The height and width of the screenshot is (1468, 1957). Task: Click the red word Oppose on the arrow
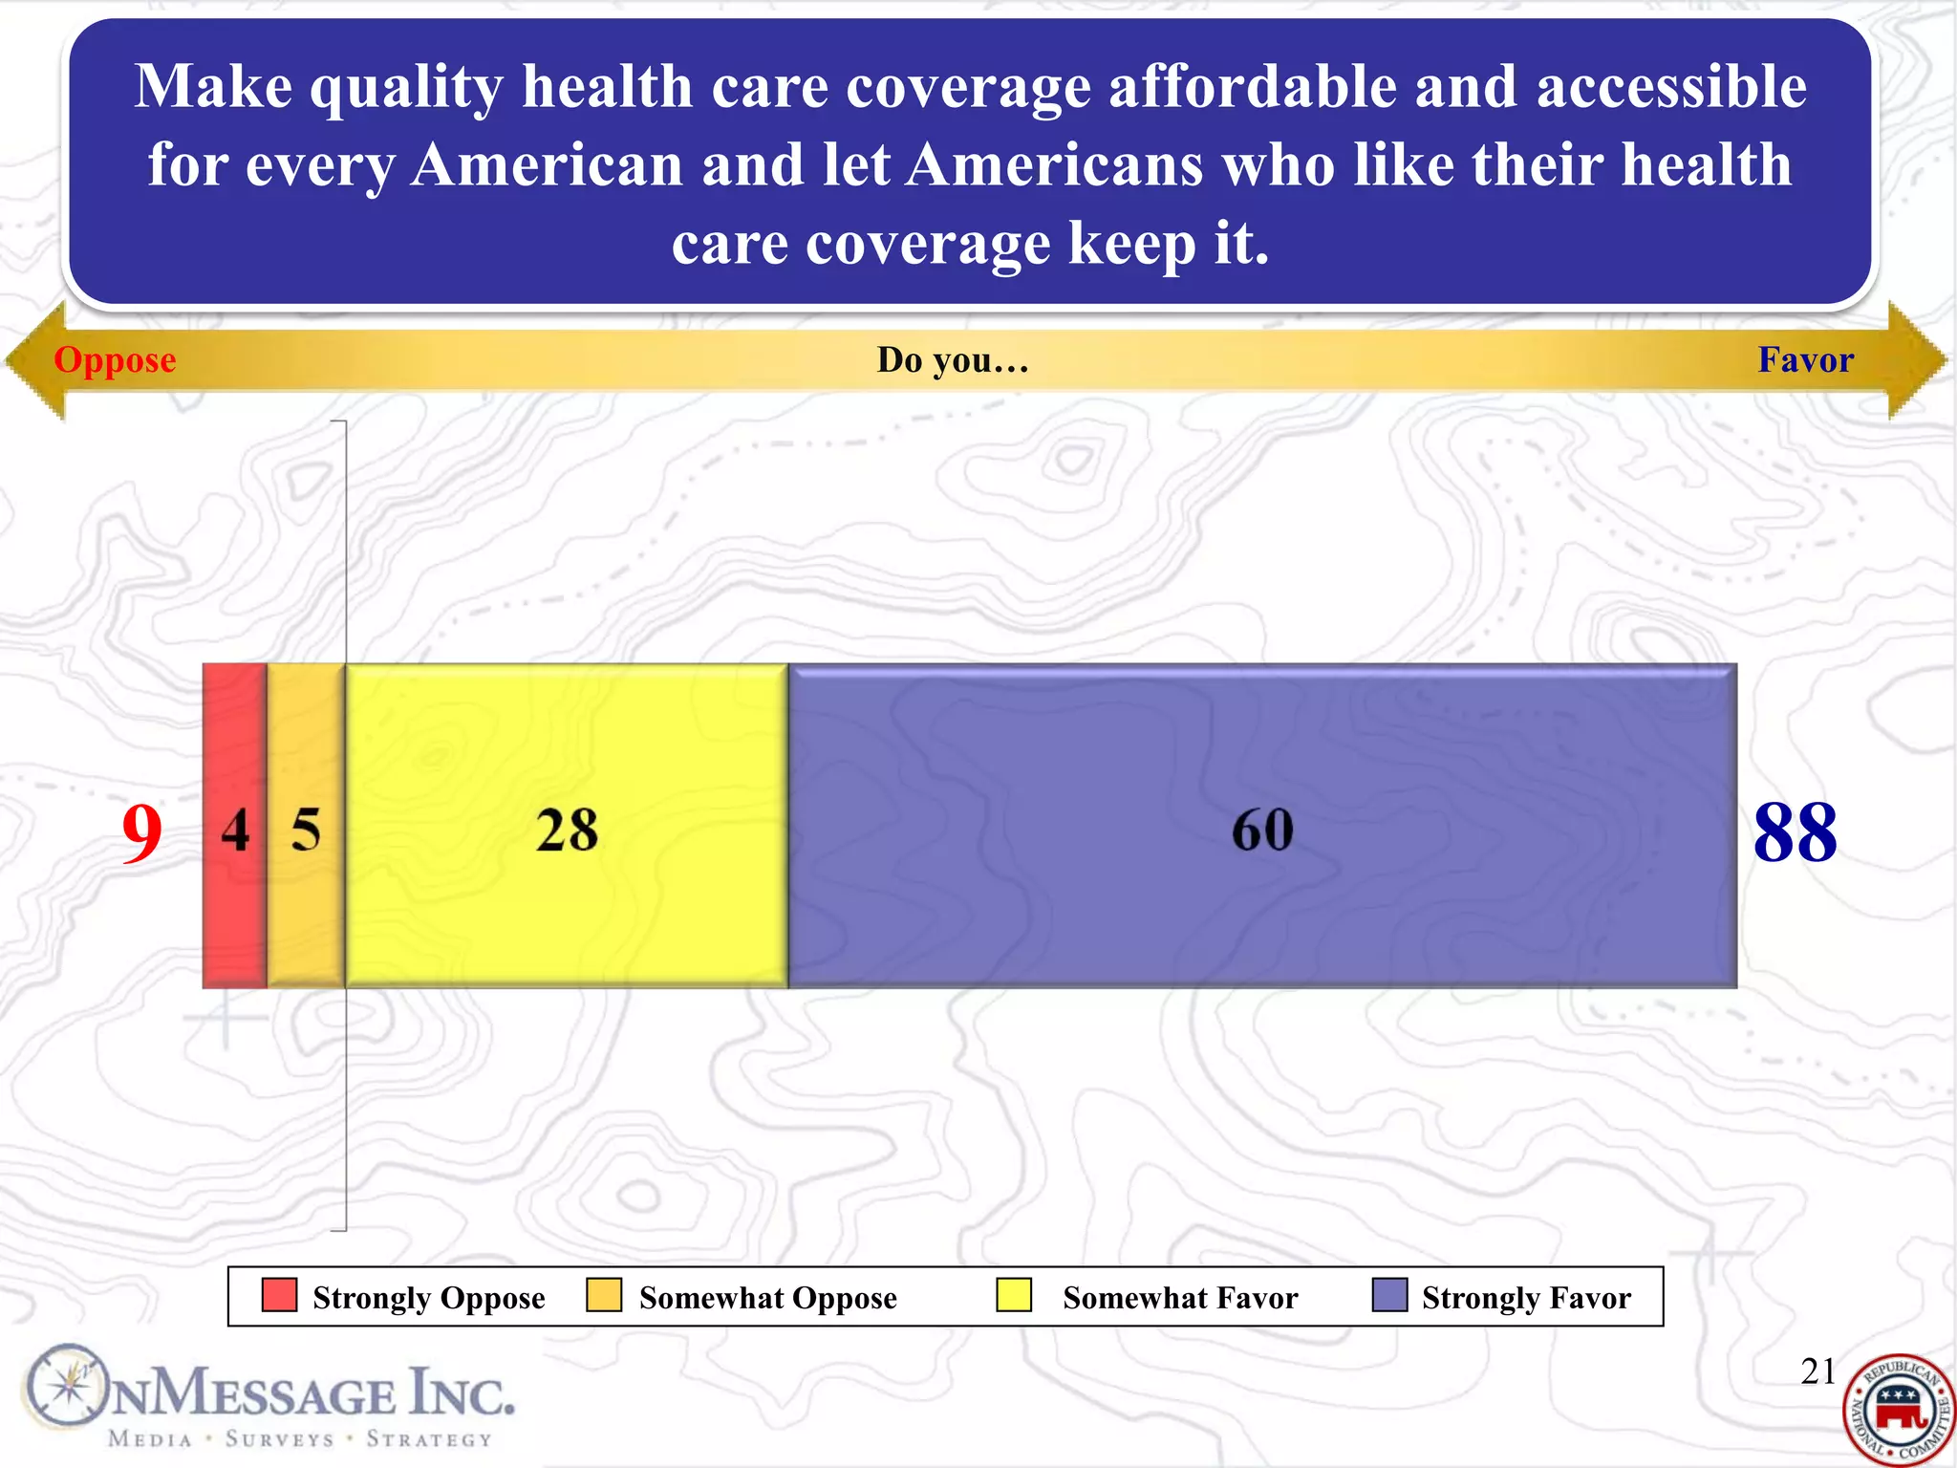[115, 360]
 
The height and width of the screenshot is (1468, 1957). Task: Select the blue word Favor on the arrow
[1805, 360]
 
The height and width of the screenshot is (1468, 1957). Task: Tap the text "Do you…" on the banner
[953, 360]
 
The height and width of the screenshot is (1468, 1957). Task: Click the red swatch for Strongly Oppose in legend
[279, 1295]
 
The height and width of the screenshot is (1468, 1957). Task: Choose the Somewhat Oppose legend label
[767, 1298]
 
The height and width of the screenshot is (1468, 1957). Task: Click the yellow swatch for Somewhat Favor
[1013, 1295]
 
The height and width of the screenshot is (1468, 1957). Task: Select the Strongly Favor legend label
[1526, 1298]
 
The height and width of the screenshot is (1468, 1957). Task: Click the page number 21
[1817, 1371]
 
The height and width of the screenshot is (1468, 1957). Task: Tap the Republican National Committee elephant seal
[1898, 1411]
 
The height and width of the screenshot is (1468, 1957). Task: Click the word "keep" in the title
[1131, 243]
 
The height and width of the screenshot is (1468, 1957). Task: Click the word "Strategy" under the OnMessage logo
[429, 1439]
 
